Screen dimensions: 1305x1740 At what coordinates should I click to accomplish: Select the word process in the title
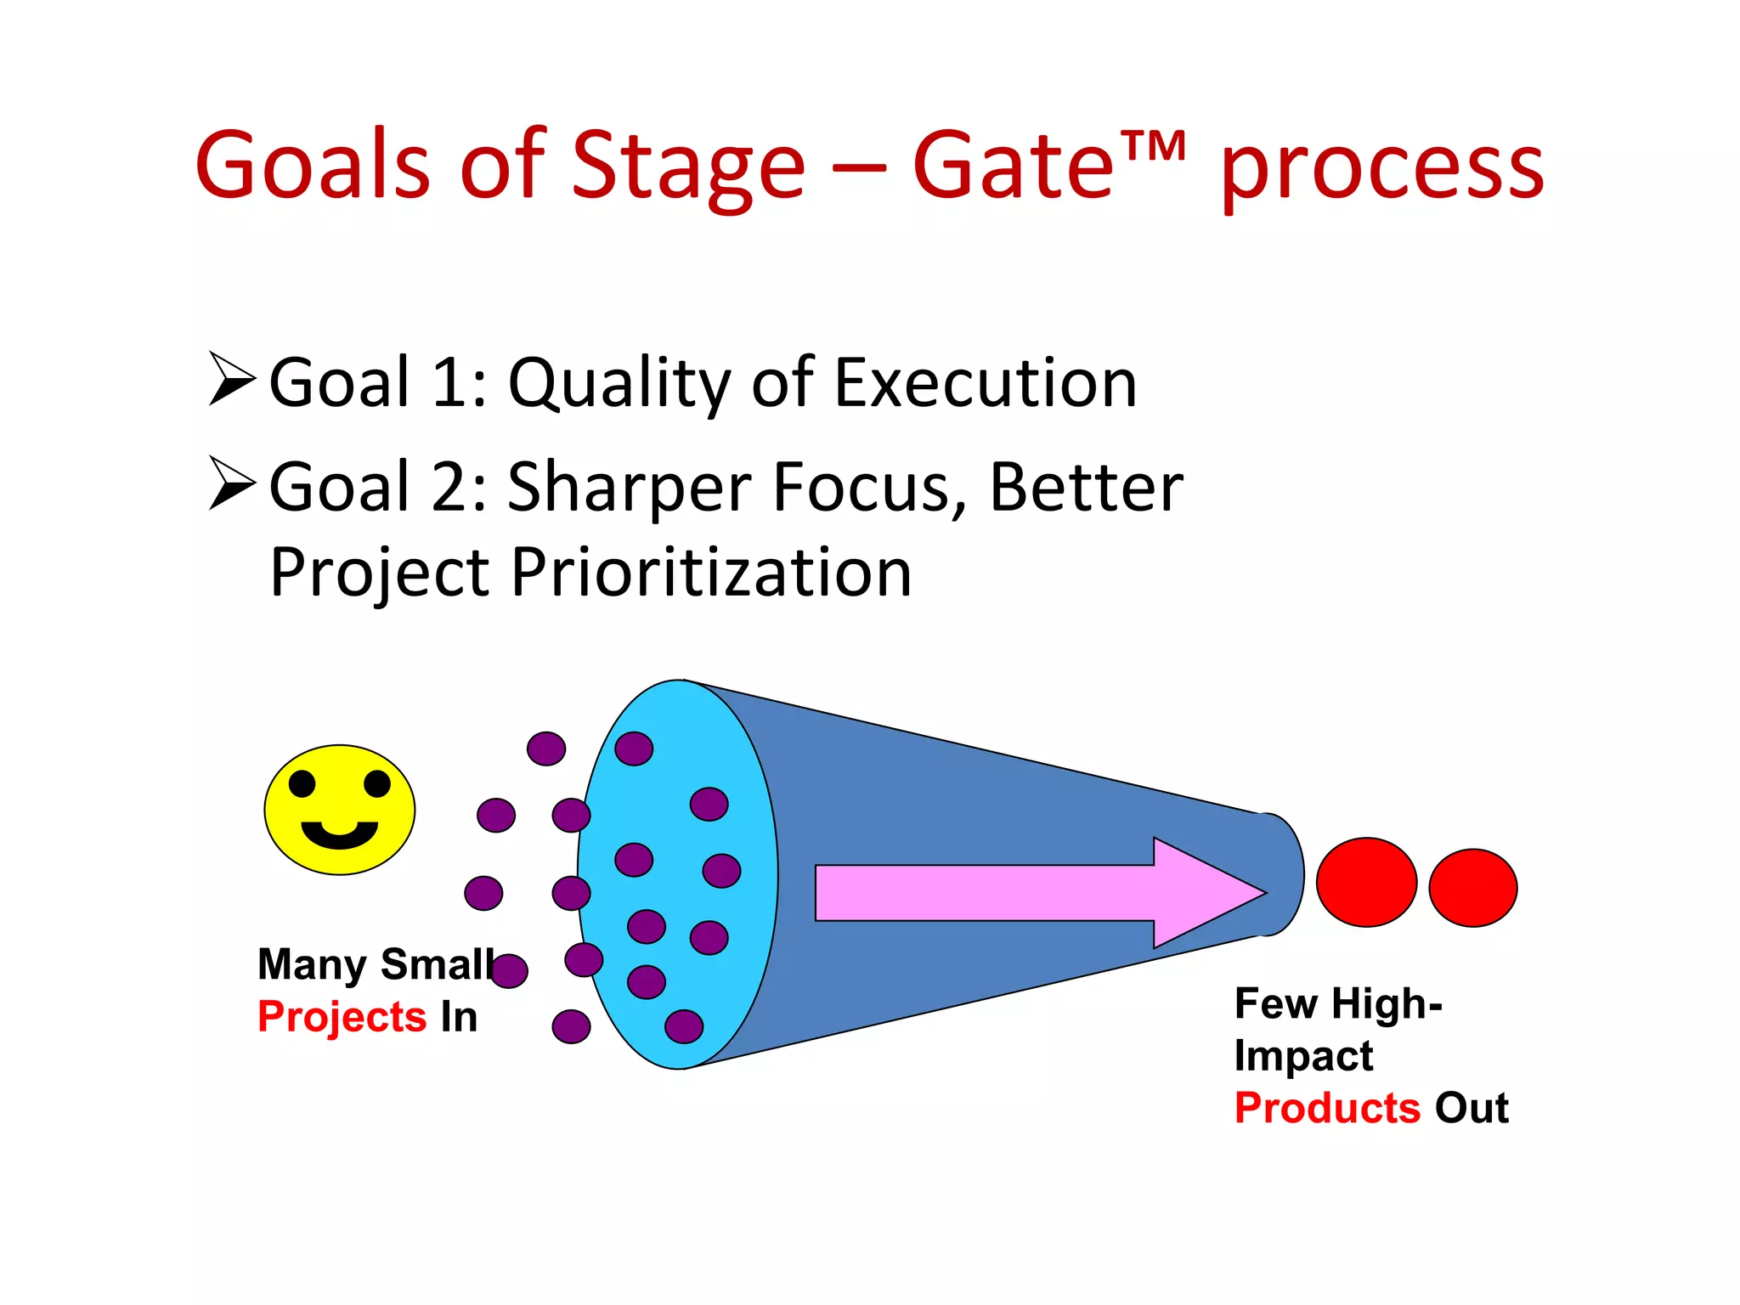(x=1382, y=170)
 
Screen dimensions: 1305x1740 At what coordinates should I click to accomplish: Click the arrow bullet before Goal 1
(x=231, y=379)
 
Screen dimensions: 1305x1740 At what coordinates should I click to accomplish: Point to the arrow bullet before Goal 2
(x=231, y=483)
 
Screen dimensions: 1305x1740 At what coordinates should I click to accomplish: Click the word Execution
(x=985, y=383)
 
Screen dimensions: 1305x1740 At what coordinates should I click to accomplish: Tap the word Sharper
(x=629, y=488)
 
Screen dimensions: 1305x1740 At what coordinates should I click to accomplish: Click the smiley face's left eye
(x=302, y=782)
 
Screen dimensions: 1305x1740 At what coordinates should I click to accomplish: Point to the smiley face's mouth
(x=340, y=834)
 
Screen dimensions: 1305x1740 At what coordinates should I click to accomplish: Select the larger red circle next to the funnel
(x=1366, y=882)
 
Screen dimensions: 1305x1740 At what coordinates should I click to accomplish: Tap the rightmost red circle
(x=1472, y=887)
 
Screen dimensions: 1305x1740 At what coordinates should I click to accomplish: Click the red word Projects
(x=342, y=1017)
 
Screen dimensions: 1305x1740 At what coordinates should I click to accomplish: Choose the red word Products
(x=1327, y=1108)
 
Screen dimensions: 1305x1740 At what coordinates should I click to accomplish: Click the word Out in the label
(x=1472, y=1108)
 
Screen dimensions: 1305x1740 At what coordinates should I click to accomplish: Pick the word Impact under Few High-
(x=1303, y=1056)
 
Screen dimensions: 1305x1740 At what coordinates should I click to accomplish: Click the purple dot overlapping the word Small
(x=509, y=970)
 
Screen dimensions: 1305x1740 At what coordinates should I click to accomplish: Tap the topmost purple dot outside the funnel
(x=545, y=749)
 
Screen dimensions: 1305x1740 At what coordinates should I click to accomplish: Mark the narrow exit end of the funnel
(x=1279, y=874)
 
